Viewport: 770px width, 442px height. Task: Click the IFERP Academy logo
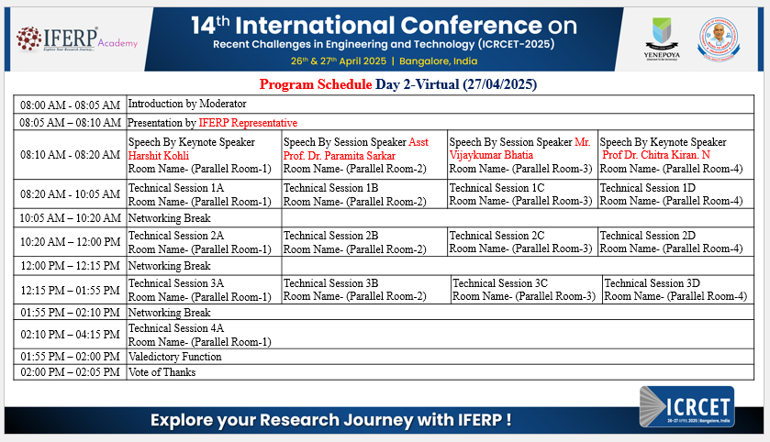tap(76, 39)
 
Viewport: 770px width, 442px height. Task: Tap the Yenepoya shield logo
tap(662, 39)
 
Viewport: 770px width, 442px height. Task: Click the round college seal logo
tap(719, 39)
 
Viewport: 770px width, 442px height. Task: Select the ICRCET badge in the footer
tap(687, 406)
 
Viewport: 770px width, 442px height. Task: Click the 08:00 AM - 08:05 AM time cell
tap(70, 105)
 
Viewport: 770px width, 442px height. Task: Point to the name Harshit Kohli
tap(159, 156)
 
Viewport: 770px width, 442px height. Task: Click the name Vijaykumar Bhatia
tap(491, 155)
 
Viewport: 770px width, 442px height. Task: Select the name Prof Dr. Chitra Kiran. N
tap(656, 155)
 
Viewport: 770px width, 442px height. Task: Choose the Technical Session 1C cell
tap(522, 194)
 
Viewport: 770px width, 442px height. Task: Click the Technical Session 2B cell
tap(364, 242)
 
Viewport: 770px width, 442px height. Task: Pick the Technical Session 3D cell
tap(677, 290)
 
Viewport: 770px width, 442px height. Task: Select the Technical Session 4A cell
tap(440, 335)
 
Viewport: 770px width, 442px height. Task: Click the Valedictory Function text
tap(174, 357)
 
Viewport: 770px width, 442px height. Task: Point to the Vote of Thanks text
tap(162, 372)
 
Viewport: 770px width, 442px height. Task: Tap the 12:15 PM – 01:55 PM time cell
tap(70, 290)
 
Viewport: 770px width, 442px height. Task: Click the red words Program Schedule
tap(316, 84)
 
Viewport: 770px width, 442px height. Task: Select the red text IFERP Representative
tap(248, 123)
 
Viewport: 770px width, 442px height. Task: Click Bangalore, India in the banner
tap(438, 61)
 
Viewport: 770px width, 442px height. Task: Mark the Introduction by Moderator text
tap(187, 104)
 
